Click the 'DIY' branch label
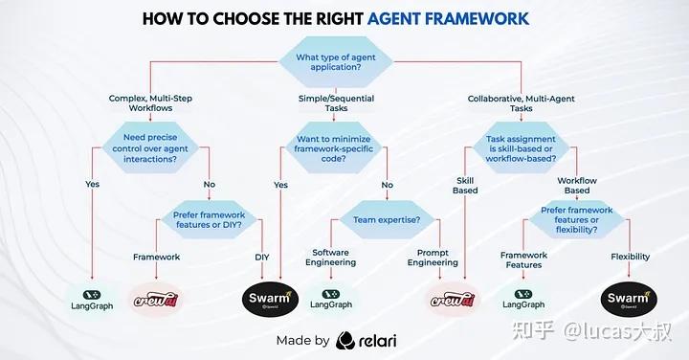262,257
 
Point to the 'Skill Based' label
465,185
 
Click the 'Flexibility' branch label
630,257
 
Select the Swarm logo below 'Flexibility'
629,300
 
